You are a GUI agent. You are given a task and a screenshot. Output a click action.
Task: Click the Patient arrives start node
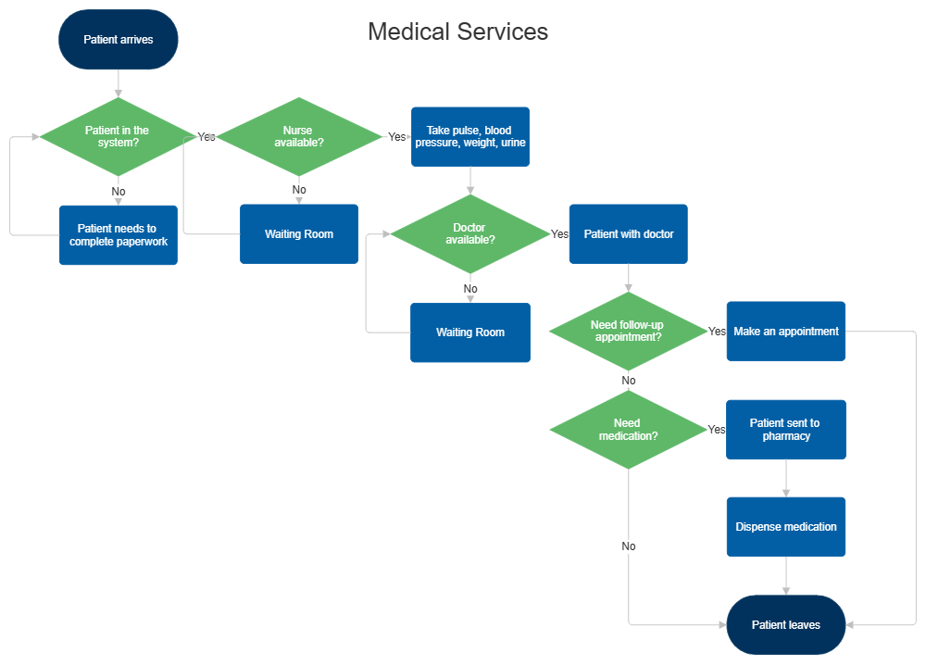click(118, 40)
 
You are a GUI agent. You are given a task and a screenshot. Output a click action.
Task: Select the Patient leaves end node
click(785, 625)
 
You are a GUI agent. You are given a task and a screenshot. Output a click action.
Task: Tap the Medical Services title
click(457, 31)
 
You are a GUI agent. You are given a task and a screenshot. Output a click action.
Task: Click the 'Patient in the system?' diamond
click(118, 137)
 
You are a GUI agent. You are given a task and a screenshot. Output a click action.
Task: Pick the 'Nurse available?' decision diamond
click(298, 137)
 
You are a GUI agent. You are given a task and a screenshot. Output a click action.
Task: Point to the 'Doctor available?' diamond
click(469, 234)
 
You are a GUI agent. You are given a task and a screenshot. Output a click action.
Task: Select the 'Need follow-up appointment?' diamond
click(628, 332)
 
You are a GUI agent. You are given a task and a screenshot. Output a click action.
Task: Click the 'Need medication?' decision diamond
click(628, 430)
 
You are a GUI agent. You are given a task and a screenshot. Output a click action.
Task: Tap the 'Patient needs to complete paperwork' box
click(118, 235)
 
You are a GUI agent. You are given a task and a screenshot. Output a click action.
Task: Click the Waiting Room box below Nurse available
click(298, 234)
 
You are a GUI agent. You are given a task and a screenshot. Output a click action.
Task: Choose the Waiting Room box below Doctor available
click(470, 332)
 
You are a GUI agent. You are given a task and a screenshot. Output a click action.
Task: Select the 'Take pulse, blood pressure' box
click(469, 137)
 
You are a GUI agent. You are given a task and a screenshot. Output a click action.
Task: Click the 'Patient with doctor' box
click(628, 234)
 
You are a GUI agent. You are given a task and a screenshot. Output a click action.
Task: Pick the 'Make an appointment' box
click(785, 332)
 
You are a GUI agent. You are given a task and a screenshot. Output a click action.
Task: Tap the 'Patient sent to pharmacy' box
click(785, 430)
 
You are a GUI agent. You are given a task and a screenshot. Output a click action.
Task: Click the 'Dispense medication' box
click(785, 527)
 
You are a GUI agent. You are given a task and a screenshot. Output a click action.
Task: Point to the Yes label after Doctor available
click(559, 234)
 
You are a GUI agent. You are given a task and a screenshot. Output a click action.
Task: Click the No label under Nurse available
click(298, 190)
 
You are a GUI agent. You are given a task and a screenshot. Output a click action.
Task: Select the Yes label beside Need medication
click(716, 430)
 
